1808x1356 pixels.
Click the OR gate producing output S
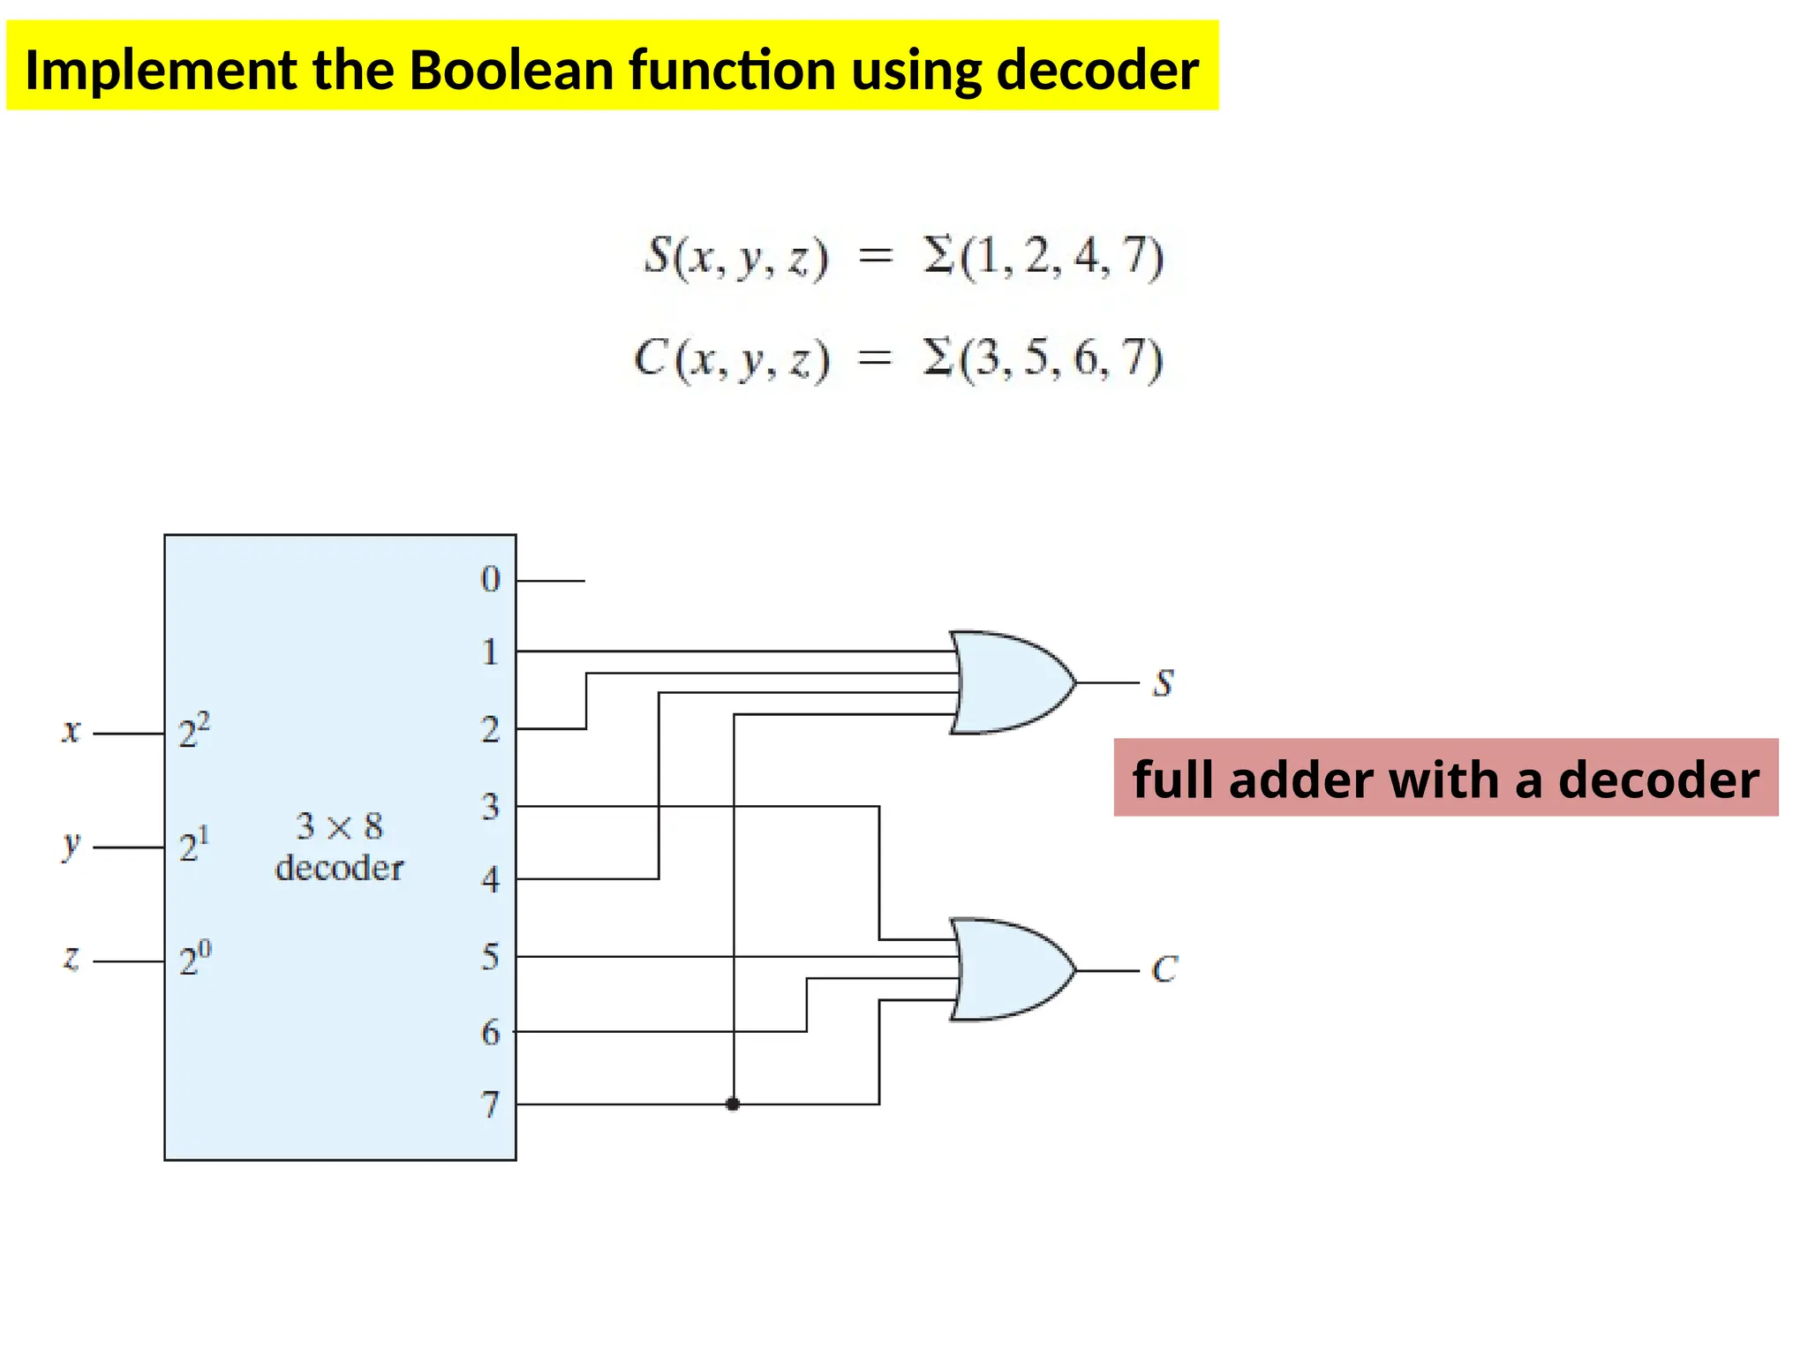1011,682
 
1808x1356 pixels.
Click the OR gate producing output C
1011,969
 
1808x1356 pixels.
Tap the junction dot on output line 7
733,1104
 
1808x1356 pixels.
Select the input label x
71,731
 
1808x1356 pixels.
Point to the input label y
71,845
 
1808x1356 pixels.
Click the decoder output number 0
490,579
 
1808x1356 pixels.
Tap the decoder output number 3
490,806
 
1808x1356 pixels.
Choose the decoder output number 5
490,956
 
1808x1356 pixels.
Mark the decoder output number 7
490,1104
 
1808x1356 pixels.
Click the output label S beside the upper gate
1164,683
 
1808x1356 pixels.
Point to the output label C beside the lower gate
1164,969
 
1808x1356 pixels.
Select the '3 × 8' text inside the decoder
339,826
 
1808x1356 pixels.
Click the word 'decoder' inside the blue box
339,869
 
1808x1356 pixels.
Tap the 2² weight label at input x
193,731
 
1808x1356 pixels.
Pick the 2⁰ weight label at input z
194,959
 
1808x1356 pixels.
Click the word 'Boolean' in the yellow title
511,70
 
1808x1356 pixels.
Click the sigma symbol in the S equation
940,256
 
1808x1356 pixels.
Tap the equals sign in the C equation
876,358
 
